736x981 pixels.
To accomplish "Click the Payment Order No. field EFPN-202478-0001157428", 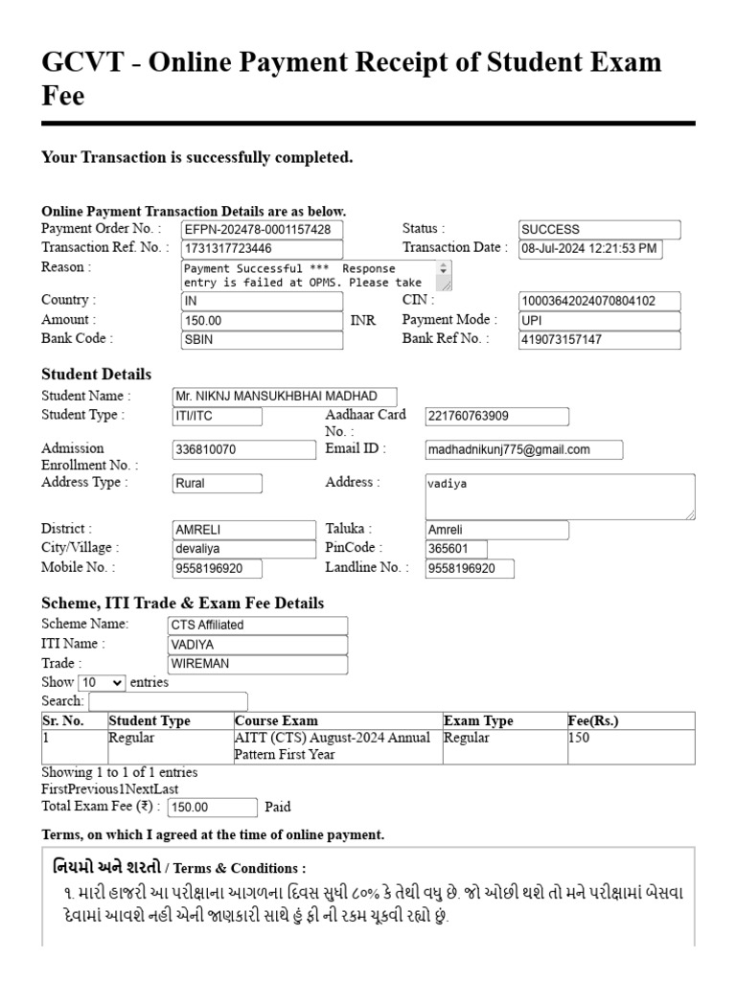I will tap(261, 230).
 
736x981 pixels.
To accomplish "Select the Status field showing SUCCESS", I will tap(599, 230).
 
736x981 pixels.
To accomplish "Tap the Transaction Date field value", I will tap(589, 249).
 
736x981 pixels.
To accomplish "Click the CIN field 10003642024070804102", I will tap(599, 302).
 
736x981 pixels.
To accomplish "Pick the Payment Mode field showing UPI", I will tap(599, 321).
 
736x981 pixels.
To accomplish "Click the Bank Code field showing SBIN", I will tap(261, 340).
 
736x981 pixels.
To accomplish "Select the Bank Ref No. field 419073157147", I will tap(599, 340).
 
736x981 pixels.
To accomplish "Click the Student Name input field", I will tap(284, 397).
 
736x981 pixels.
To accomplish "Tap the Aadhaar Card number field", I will tap(496, 417).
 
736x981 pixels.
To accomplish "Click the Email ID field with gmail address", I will tap(523, 449).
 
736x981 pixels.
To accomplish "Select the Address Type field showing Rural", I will tap(217, 484).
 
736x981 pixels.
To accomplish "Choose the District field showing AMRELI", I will tap(243, 530).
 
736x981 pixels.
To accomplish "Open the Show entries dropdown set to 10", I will tap(102, 683).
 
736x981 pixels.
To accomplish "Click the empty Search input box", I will tap(168, 702).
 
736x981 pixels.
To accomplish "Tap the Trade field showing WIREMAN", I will tap(257, 664).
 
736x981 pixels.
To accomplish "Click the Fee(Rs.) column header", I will tap(594, 721).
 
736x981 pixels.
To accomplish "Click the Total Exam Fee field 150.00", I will tap(211, 808).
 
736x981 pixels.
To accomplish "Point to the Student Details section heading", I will tap(97, 375).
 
